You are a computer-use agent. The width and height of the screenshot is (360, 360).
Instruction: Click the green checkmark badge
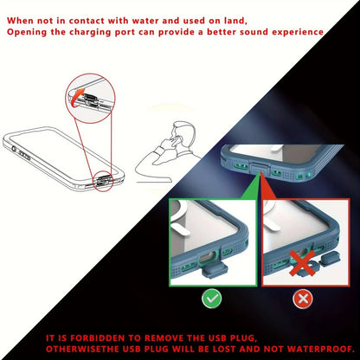click(212, 299)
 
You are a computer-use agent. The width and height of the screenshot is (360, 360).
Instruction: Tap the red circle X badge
click(303, 299)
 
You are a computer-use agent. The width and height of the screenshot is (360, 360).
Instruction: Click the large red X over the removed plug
click(302, 262)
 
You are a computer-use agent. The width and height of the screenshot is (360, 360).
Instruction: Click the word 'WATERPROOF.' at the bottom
click(321, 349)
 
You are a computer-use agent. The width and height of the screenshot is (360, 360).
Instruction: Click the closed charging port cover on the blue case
click(261, 168)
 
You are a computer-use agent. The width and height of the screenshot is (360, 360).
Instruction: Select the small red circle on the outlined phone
click(102, 182)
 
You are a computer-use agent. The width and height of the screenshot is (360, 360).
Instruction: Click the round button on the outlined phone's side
click(14, 149)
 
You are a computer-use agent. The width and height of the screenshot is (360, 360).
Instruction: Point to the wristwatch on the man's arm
click(159, 151)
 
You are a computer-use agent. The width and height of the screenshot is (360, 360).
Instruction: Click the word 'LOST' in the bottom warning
click(225, 349)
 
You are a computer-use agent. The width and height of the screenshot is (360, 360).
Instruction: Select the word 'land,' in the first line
click(235, 21)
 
